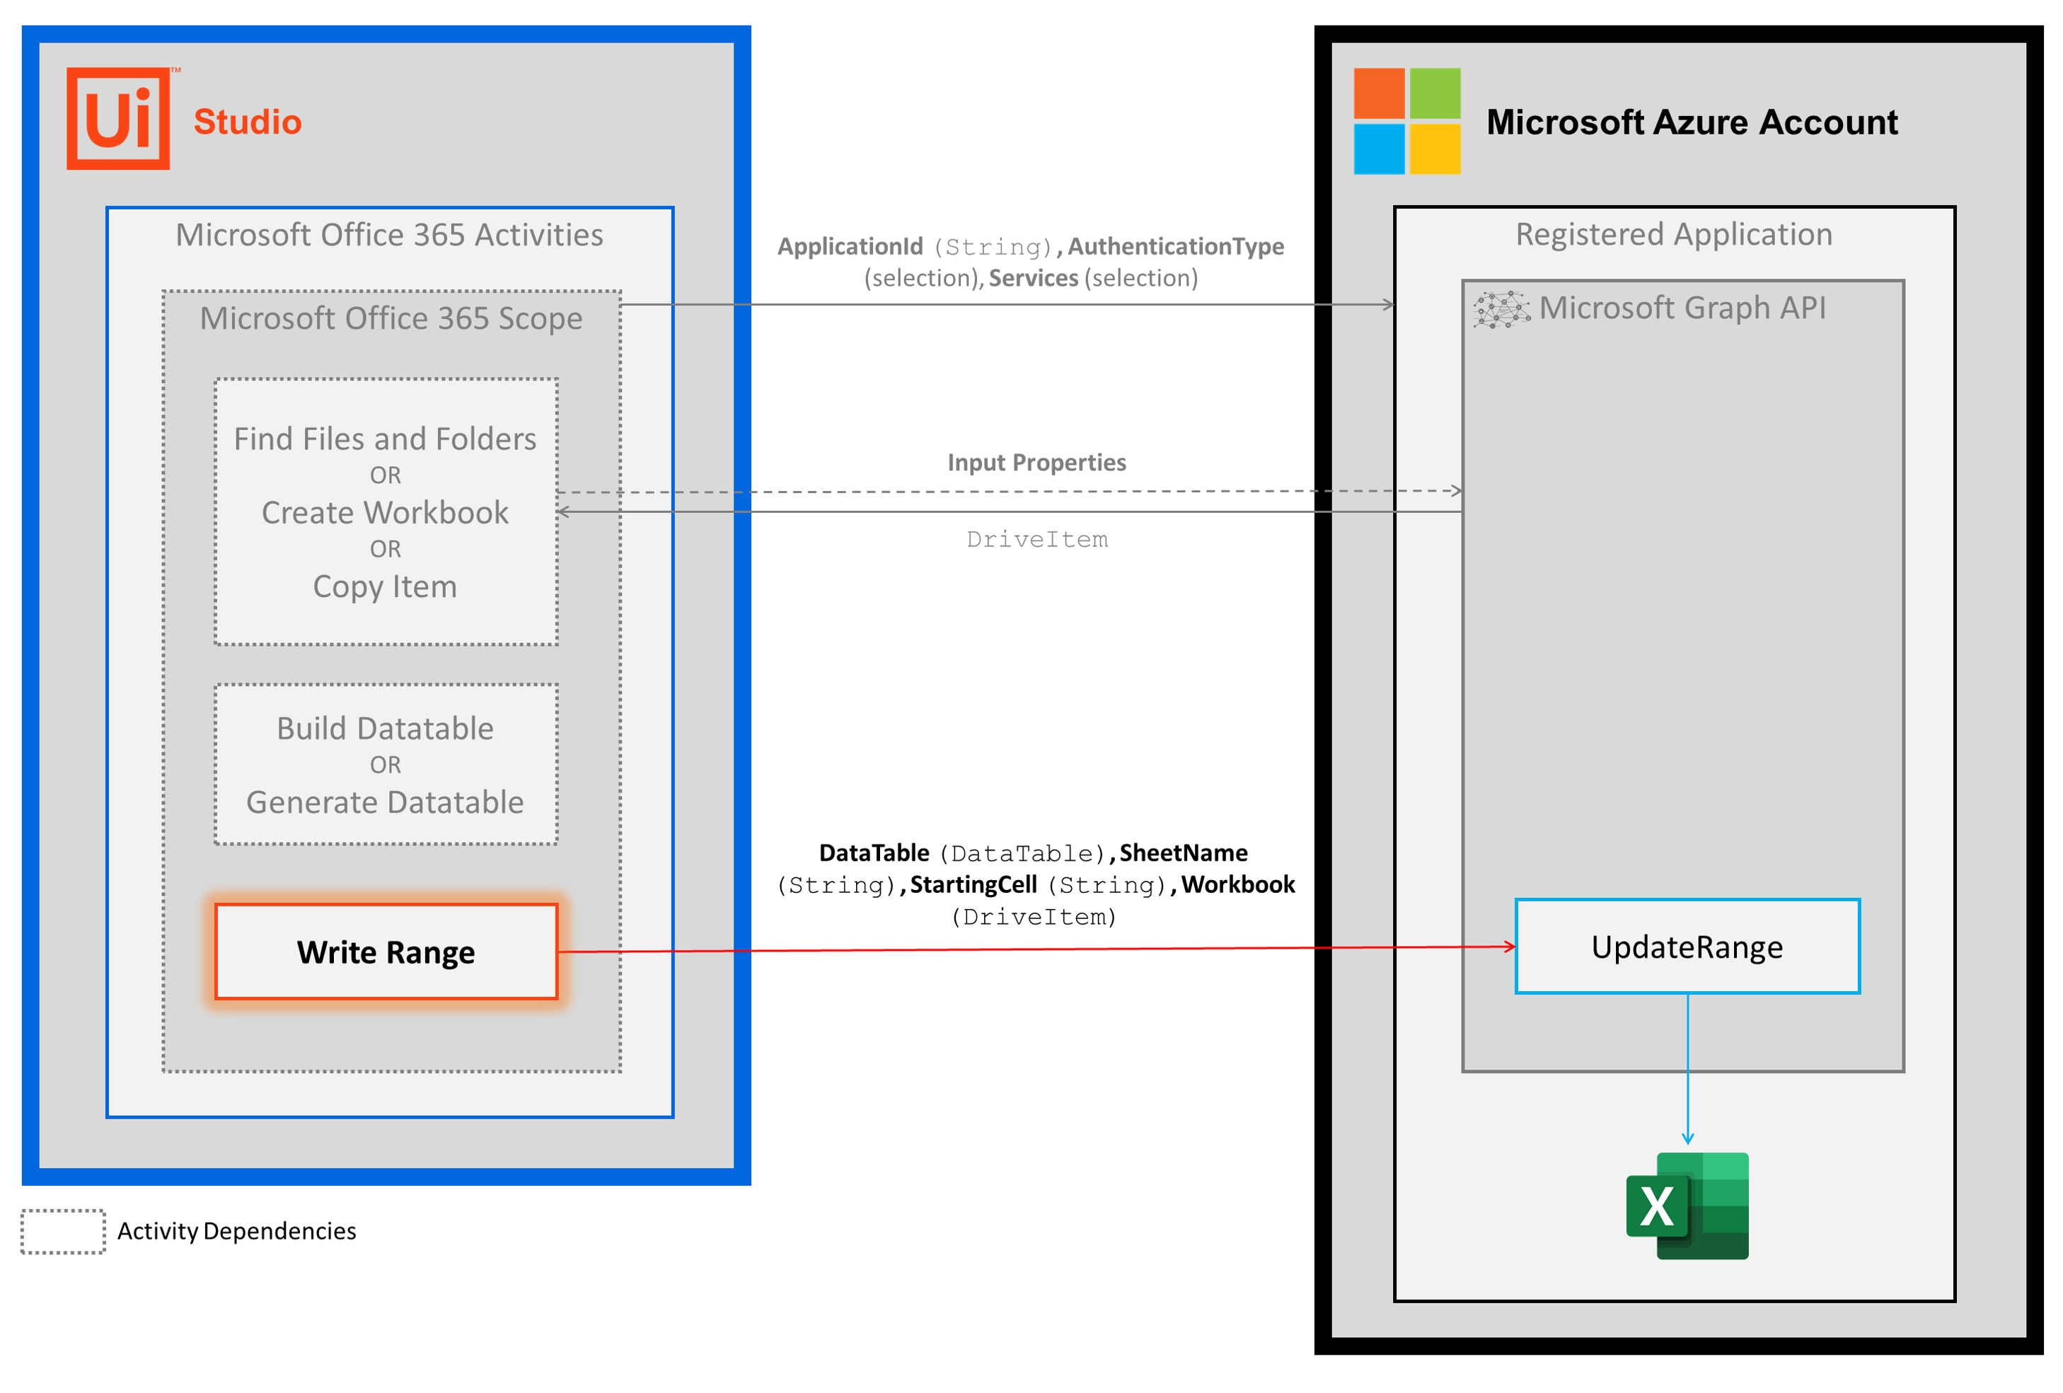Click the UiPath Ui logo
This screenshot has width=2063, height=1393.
pos(118,119)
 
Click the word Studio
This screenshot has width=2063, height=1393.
pos(248,122)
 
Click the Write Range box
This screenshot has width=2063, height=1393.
pos(386,952)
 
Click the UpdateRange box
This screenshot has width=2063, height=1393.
pos(1687,947)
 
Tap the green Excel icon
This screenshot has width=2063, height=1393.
pos(1687,1205)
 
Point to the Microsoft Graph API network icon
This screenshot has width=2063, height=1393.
pos(1501,310)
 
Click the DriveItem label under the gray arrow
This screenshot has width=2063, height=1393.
pos(1037,540)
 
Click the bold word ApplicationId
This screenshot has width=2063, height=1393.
pos(850,247)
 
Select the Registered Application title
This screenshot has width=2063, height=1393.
pos(1673,234)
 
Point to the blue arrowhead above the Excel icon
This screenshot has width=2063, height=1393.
pos(1687,1138)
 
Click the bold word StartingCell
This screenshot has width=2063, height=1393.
pos(973,885)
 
